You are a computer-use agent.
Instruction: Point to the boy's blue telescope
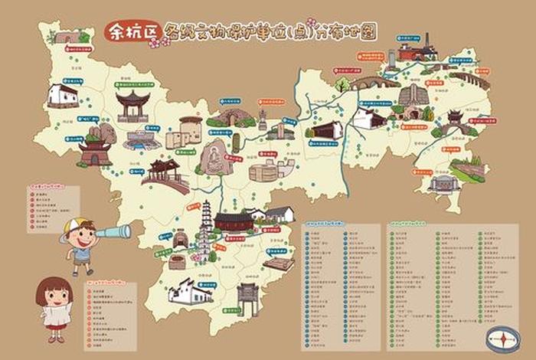point(112,231)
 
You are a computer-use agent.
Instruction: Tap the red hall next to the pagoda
point(234,222)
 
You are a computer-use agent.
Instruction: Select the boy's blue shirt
point(81,252)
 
